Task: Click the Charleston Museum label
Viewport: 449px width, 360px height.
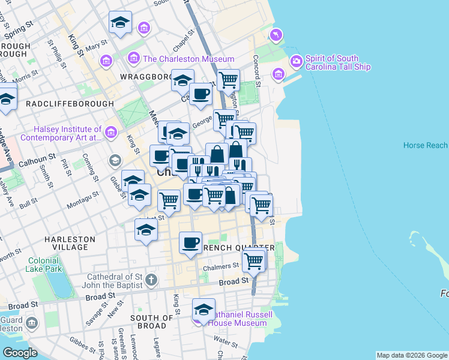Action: pos(188,59)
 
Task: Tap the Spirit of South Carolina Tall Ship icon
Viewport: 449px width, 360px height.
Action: pos(296,61)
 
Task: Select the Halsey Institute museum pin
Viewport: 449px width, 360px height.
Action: pos(110,133)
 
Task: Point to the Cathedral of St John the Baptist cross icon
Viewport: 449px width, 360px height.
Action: pos(151,280)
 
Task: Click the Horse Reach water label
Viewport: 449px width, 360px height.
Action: pos(425,145)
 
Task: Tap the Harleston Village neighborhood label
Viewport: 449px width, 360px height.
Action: pos(70,243)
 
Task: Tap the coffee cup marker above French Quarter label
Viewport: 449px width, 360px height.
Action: pos(191,243)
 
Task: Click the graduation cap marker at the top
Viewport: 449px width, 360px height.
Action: pos(120,23)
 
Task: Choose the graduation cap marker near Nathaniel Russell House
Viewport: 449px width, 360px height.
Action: pos(203,310)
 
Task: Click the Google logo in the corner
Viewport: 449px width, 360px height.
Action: pos(20,353)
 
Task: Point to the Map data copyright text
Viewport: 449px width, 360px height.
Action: pos(411,355)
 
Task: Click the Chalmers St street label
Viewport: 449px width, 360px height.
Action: pos(221,266)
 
